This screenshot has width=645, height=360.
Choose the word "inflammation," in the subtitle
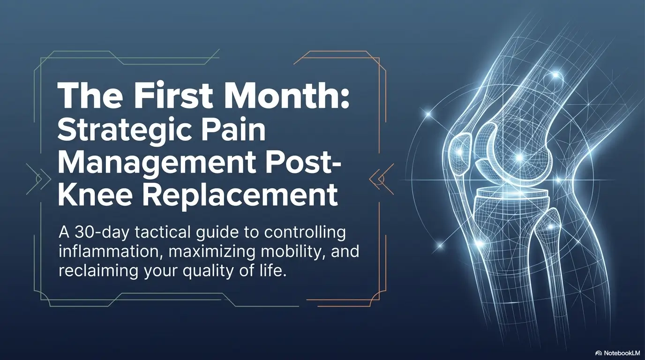[106, 252]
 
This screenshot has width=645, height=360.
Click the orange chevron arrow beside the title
[377, 178]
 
